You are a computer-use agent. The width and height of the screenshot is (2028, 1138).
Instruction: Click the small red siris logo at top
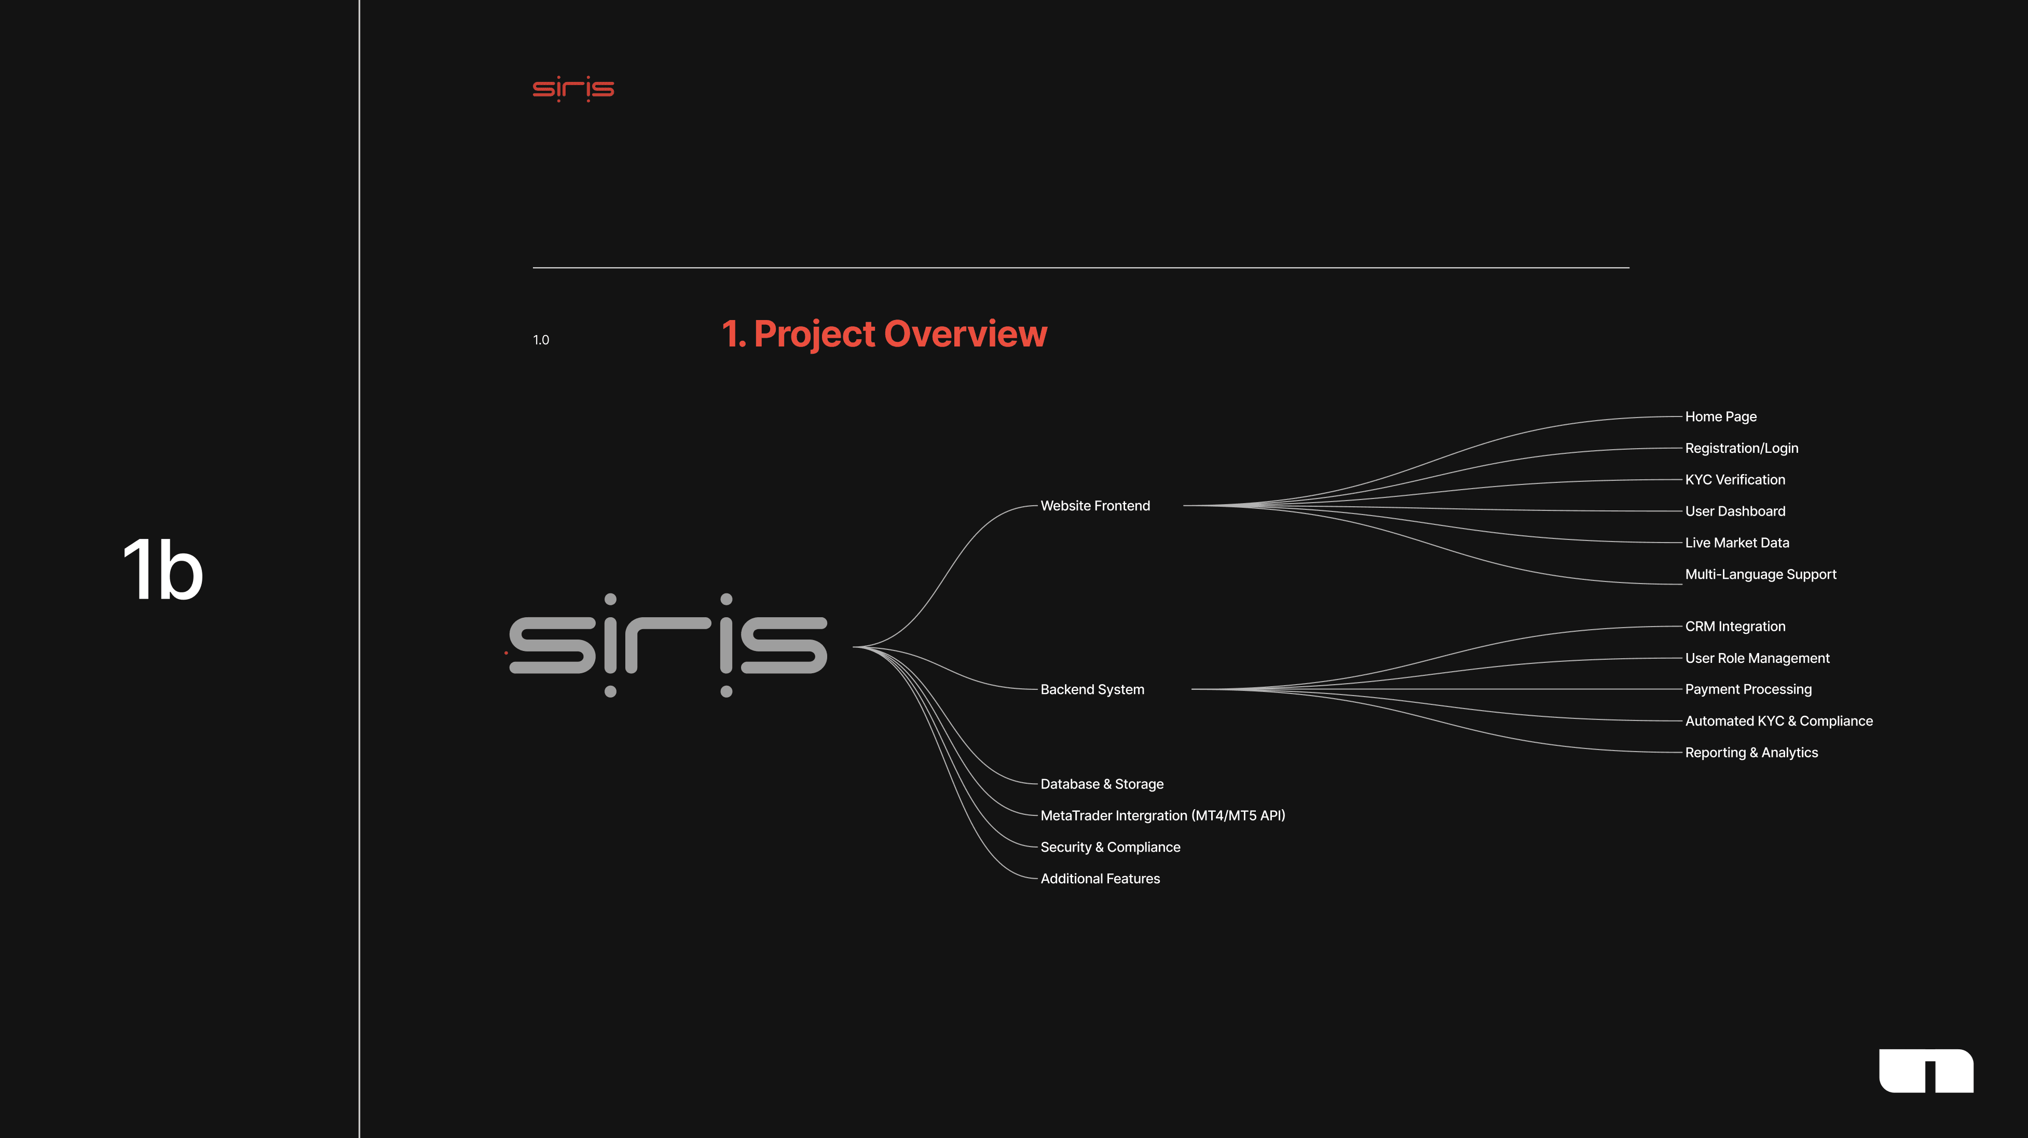[x=573, y=89]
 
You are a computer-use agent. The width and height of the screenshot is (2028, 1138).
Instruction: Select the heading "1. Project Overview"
[x=884, y=334]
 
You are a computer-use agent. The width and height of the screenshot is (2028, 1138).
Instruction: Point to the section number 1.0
[x=541, y=340]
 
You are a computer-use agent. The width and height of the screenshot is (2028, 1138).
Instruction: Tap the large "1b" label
[x=163, y=570]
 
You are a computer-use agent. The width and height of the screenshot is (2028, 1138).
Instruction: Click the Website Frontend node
[x=1095, y=506]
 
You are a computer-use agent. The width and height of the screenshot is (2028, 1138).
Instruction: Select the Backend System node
[x=1092, y=689]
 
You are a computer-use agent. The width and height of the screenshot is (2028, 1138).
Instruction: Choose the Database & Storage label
[x=1101, y=784]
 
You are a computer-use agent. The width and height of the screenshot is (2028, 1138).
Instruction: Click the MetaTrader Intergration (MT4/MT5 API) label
[x=1162, y=815]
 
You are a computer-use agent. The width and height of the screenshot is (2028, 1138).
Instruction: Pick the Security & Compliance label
[x=1110, y=847]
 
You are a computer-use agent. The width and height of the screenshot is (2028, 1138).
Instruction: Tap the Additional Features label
[x=1100, y=878]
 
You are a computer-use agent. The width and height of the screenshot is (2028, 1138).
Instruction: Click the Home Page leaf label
[x=1720, y=417]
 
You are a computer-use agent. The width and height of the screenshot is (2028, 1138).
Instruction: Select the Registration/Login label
[x=1742, y=448]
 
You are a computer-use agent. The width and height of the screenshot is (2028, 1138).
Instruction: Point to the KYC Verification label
[x=1734, y=479]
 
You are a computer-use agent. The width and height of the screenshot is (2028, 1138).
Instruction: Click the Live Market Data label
[x=1737, y=542]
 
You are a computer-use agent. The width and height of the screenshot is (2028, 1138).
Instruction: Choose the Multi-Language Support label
[x=1760, y=575]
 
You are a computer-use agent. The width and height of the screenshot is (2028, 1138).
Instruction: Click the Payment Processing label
[x=1748, y=689]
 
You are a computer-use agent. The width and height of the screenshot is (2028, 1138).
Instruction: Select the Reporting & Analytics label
[x=1751, y=753]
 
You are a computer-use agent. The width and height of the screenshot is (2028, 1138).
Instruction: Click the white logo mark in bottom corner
[x=1926, y=1071]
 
